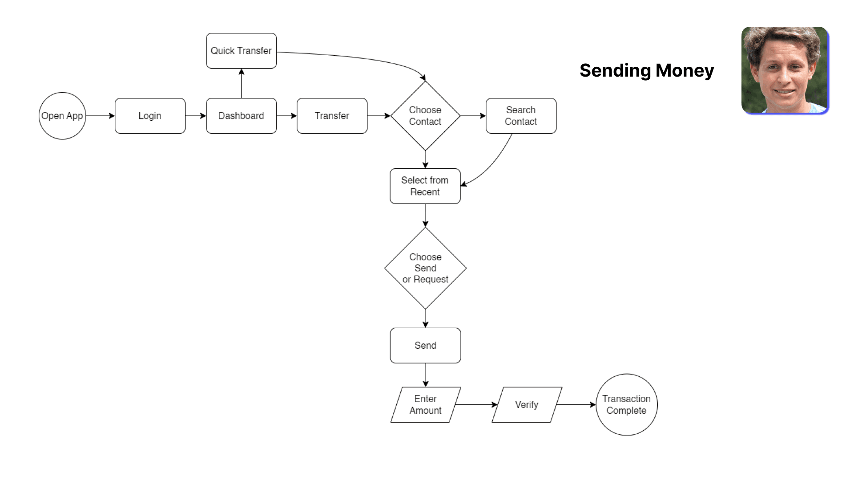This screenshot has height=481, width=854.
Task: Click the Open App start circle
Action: (62, 116)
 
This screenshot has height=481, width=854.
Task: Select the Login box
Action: (150, 116)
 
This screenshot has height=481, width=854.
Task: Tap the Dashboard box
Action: (241, 116)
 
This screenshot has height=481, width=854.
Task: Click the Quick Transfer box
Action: (241, 51)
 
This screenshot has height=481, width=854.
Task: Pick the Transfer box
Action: (332, 116)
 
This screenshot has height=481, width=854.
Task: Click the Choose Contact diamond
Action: (425, 116)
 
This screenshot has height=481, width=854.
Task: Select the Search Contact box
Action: (521, 116)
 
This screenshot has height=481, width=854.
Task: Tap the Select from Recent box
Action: (425, 186)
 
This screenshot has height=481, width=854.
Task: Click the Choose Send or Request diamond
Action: (425, 268)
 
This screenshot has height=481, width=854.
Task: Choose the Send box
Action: (425, 346)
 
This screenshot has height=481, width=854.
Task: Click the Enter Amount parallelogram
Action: (426, 405)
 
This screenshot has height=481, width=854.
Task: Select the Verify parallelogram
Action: (527, 405)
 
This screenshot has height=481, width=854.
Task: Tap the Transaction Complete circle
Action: (626, 405)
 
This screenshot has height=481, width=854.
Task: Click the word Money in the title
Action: (685, 70)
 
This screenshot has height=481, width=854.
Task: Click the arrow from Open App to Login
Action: (100, 116)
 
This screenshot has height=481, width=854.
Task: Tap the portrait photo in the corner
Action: (785, 70)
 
